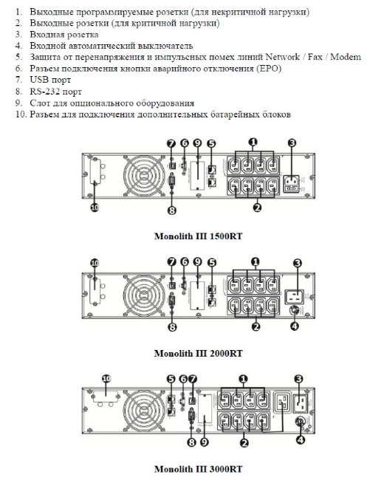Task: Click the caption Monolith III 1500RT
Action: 198,236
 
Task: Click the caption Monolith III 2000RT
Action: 198,353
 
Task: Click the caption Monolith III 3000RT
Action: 198,469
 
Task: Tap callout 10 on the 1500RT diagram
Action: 95,208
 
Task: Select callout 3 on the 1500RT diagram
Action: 292,143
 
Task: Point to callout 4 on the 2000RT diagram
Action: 295,326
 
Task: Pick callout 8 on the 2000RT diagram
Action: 172,327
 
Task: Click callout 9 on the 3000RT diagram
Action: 205,442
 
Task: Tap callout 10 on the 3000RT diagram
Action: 106,379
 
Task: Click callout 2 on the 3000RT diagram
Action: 244,442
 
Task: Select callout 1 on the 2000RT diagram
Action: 256,261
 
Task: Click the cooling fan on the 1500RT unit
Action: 143,176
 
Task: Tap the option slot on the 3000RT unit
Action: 205,408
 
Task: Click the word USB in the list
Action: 40,80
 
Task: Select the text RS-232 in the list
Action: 45,92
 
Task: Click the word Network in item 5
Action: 282,57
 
